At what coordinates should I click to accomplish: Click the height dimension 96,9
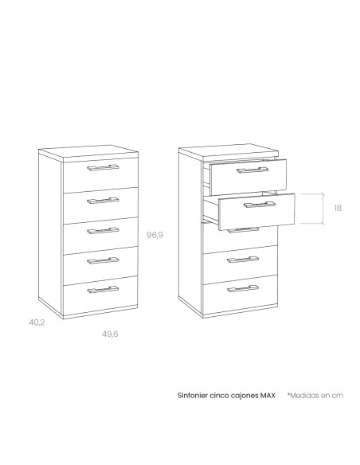click(x=155, y=235)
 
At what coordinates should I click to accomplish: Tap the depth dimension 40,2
click(x=37, y=322)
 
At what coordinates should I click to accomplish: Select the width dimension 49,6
click(x=110, y=334)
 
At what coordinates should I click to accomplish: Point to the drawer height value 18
click(x=338, y=208)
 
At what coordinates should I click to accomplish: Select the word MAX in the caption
click(x=268, y=395)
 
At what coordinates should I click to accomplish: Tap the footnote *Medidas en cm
click(x=315, y=395)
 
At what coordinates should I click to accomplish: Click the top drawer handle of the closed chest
click(x=103, y=168)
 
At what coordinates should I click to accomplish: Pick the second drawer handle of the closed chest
click(x=103, y=201)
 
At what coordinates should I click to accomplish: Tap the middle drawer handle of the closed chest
click(x=103, y=231)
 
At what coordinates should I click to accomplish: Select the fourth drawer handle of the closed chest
click(x=103, y=260)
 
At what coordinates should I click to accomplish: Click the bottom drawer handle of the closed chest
click(x=103, y=290)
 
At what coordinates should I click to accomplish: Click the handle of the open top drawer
click(x=252, y=170)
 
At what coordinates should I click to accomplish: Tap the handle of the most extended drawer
click(x=260, y=205)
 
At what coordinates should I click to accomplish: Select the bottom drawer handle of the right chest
click(x=243, y=288)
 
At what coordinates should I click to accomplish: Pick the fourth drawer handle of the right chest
click(x=243, y=260)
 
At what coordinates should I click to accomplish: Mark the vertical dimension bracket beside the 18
click(x=323, y=209)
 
